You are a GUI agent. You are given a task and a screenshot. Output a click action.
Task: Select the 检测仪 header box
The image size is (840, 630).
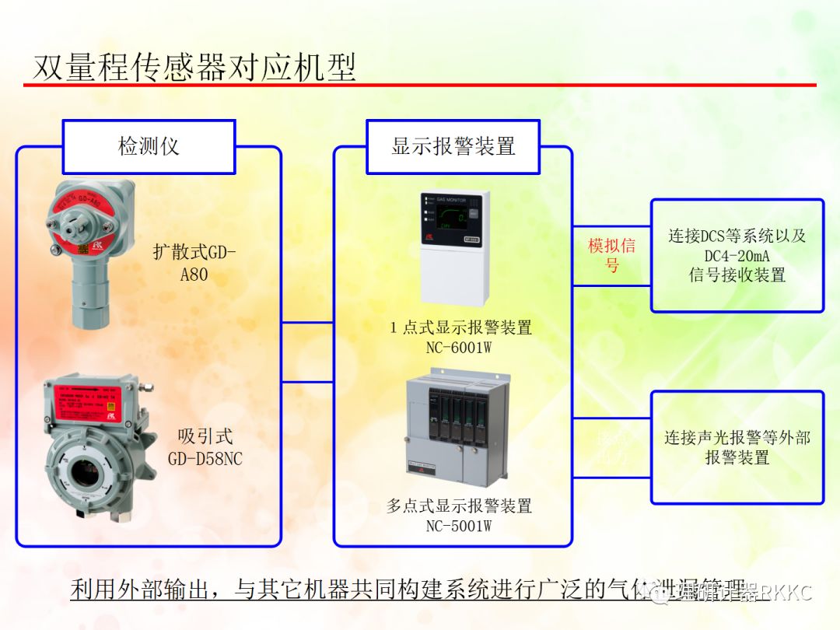coord(149,146)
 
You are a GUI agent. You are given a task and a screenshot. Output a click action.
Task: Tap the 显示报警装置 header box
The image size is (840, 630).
coord(453,146)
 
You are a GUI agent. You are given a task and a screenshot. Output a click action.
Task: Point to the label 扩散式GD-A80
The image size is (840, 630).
coord(194,263)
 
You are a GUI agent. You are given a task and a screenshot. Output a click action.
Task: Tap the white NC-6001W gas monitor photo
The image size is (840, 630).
coord(455,247)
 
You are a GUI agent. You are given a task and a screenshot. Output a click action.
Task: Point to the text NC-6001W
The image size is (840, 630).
coord(459,348)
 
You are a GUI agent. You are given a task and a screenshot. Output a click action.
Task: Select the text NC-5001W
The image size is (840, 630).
coord(459,526)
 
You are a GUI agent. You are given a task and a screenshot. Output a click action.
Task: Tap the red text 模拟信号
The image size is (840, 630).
coord(612,255)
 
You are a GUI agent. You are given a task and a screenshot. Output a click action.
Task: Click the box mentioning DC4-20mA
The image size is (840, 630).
coord(737,255)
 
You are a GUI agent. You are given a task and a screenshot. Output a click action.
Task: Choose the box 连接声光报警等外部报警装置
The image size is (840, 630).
coord(737,447)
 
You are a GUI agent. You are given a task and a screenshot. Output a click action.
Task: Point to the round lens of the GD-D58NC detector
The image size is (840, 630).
coord(86,471)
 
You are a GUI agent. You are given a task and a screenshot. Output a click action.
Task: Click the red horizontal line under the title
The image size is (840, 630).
coord(420,85)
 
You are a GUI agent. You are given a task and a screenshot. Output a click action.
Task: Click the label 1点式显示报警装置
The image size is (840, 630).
coord(460,327)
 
